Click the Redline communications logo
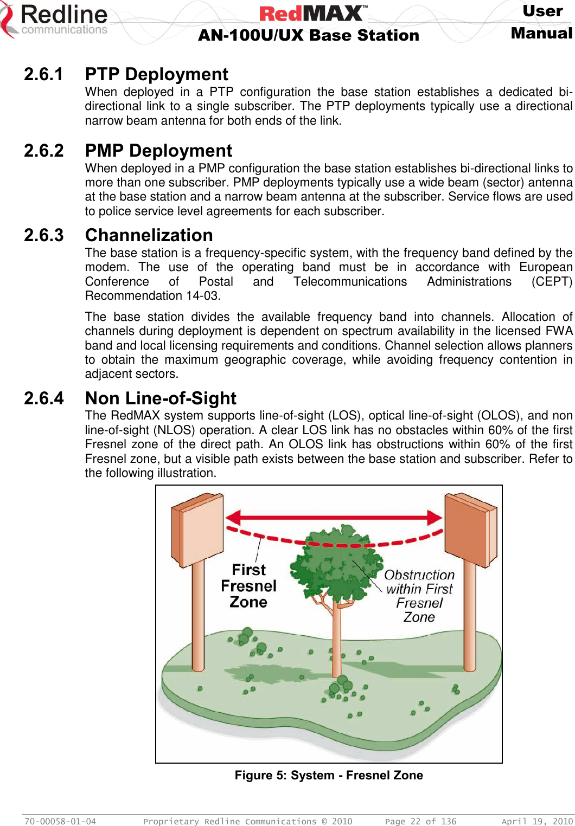click(54, 21)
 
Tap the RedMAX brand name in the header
click(313, 13)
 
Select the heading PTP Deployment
click(157, 74)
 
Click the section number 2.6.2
click(44, 151)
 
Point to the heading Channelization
click(149, 235)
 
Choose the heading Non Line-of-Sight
click(161, 398)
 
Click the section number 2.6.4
click(44, 398)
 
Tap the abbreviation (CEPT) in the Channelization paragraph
click(552, 282)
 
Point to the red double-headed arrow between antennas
click(334, 517)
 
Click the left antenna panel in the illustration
click(197, 528)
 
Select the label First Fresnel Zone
click(249, 586)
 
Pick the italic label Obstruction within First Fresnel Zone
click(419, 596)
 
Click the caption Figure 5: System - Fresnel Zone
click(329, 776)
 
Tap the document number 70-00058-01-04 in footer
click(60, 822)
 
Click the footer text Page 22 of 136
click(420, 822)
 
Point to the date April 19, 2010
click(536, 822)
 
